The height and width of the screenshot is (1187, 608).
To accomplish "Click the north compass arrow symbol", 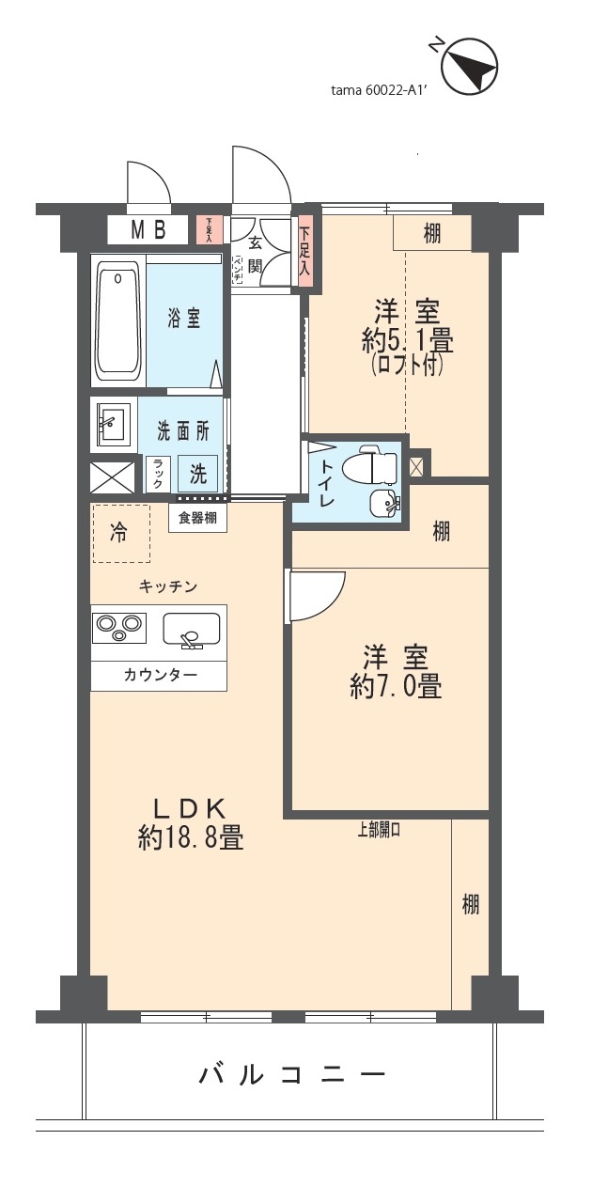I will [x=469, y=66].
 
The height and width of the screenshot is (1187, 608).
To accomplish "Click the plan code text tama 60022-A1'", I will [x=379, y=91].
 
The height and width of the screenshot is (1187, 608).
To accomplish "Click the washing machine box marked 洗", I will [x=198, y=473].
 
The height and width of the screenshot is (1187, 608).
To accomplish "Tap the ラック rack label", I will [x=158, y=473].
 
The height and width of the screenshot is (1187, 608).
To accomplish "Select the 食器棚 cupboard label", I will [x=197, y=517].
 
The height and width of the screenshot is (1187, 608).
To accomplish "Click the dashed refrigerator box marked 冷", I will [x=120, y=534].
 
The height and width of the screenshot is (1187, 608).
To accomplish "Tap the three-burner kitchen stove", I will [x=118, y=627].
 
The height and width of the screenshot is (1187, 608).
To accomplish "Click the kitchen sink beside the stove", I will [x=192, y=629].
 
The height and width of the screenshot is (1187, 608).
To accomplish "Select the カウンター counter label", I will [x=159, y=676].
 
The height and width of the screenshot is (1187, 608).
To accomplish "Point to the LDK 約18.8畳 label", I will [x=191, y=822].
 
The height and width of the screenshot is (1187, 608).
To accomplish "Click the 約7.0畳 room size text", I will [x=395, y=687].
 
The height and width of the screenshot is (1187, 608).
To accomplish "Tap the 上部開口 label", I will [x=378, y=829].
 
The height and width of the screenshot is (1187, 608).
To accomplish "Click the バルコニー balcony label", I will [x=292, y=1073].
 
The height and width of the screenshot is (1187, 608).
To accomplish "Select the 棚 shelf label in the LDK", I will [x=470, y=904].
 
